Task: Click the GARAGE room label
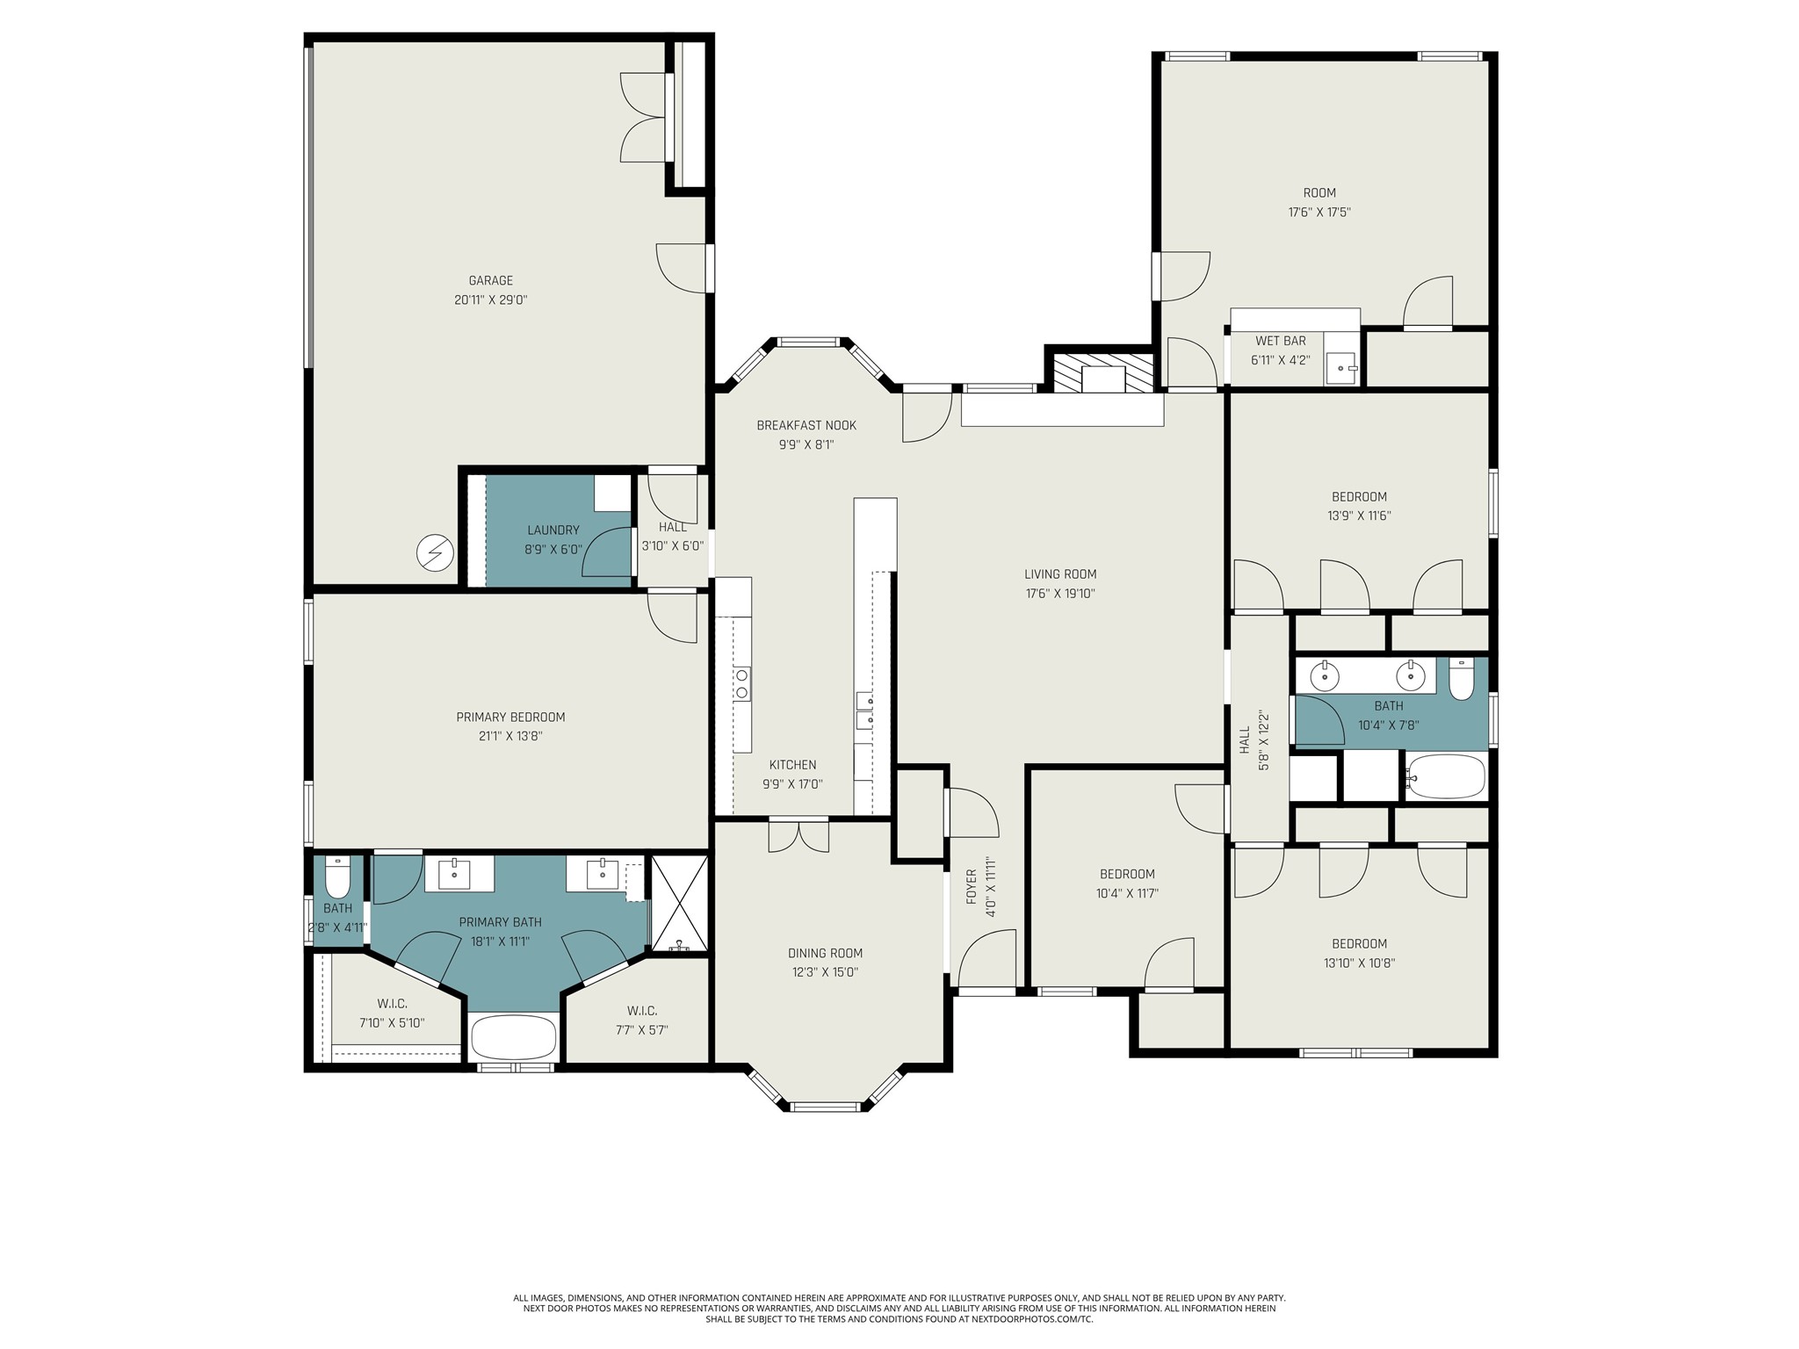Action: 490,281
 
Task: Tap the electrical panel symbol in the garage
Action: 435,552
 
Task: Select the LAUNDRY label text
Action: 553,530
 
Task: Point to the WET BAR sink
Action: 1341,367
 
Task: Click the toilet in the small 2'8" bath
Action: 338,875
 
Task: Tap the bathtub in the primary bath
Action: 514,1037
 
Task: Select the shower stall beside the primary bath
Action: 679,903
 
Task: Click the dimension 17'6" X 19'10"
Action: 1060,594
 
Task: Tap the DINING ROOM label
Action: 825,953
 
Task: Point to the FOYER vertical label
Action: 972,887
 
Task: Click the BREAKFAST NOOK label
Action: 806,426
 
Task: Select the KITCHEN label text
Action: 792,765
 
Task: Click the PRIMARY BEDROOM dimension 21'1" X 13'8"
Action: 510,737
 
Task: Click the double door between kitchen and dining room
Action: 798,834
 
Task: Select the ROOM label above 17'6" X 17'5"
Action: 1319,193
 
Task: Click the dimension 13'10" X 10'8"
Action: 1359,963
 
